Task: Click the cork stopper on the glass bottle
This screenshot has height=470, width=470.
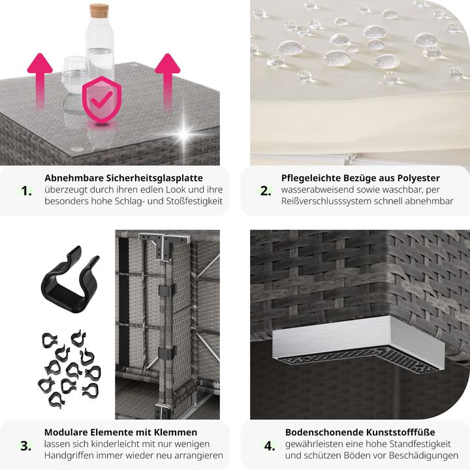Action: point(99,10)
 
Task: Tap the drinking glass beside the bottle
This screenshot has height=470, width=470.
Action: point(74,75)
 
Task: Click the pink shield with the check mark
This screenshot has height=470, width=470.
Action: point(102,99)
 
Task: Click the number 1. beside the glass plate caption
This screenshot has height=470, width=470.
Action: point(26,191)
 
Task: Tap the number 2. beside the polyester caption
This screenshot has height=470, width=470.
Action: point(266,191)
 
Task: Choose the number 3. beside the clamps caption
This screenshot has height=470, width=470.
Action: point(25,446)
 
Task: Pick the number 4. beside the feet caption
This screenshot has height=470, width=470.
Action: point(270,446)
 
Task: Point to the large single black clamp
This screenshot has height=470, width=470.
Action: point(70,279)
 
